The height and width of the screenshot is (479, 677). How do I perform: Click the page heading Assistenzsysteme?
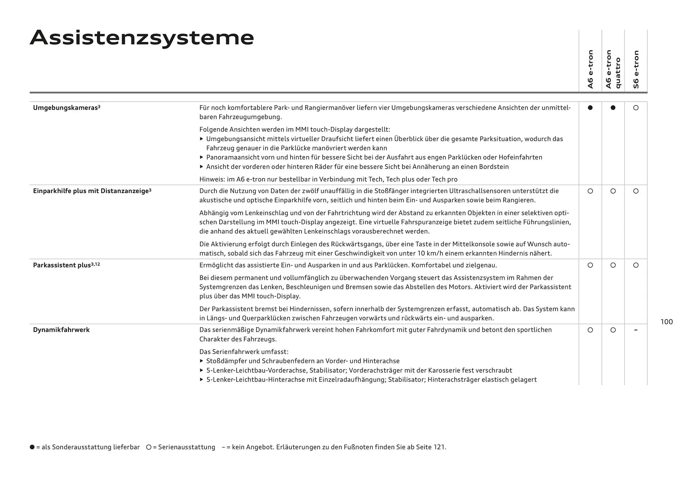142,38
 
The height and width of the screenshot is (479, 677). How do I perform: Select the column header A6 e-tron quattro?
613,69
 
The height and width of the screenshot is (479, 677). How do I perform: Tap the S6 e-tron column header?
636,69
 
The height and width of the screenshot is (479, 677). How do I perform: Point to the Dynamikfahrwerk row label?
61,330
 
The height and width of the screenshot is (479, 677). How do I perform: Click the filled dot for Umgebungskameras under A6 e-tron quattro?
613,108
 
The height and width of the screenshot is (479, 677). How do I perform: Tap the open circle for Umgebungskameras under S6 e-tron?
636,108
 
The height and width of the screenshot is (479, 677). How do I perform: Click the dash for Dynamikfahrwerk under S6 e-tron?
636,330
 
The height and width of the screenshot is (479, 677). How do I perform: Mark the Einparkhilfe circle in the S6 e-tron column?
636,191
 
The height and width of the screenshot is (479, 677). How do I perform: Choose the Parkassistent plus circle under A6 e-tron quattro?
613,265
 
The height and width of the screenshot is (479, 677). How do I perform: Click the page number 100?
666,322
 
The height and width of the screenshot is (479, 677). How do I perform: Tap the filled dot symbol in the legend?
32,447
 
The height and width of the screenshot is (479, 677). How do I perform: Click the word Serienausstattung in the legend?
187,447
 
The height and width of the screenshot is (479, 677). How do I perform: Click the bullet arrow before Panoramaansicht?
202,157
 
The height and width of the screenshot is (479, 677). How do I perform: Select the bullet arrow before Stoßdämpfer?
202,361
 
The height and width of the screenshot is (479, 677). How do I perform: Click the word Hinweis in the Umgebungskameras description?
211,179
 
